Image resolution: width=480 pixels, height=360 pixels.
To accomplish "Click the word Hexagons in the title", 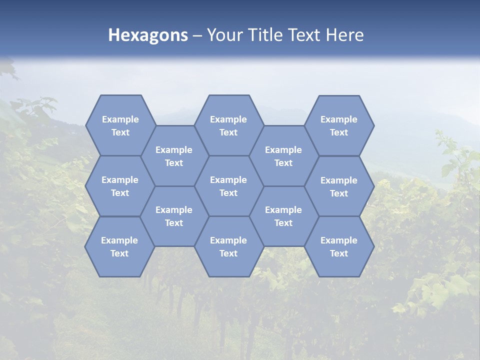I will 148,35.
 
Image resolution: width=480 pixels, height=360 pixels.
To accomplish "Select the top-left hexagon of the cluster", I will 120,125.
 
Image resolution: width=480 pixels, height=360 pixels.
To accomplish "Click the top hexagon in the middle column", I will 228,125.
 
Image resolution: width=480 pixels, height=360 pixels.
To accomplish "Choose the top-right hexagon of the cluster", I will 339,125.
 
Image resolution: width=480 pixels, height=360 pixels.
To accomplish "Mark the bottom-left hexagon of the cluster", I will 119,246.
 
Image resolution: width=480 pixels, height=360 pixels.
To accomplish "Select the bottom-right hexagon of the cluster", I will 339,246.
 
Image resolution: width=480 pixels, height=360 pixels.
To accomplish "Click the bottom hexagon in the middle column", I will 228,246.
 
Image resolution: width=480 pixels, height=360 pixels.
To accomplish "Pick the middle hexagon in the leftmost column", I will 120,186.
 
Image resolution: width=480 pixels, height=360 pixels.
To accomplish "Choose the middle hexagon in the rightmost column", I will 339,186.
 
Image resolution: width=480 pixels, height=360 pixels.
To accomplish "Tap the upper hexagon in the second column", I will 174,156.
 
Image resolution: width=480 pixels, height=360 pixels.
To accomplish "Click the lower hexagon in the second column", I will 174,216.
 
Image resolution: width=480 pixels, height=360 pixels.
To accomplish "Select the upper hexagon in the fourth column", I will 283,156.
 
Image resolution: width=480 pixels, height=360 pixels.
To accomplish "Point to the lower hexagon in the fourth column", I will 283,216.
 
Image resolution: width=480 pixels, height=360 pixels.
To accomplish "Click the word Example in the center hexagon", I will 228,180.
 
